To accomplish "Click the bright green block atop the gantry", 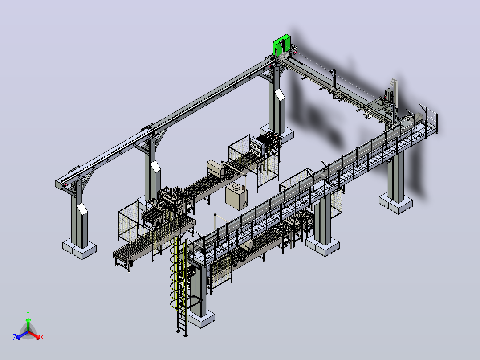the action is (x=281, y=45).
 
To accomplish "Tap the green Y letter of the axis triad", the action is (x=28, y=313).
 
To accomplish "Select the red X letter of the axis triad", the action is (x=42, y=337).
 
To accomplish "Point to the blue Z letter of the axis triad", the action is (x=15, y=337).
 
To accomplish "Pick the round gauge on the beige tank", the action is (x=236, y=186).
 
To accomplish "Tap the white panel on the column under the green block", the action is (x=280, y=94).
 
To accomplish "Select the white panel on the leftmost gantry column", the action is (x=82, y=208).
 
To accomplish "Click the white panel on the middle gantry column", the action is (x=155, y=166).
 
